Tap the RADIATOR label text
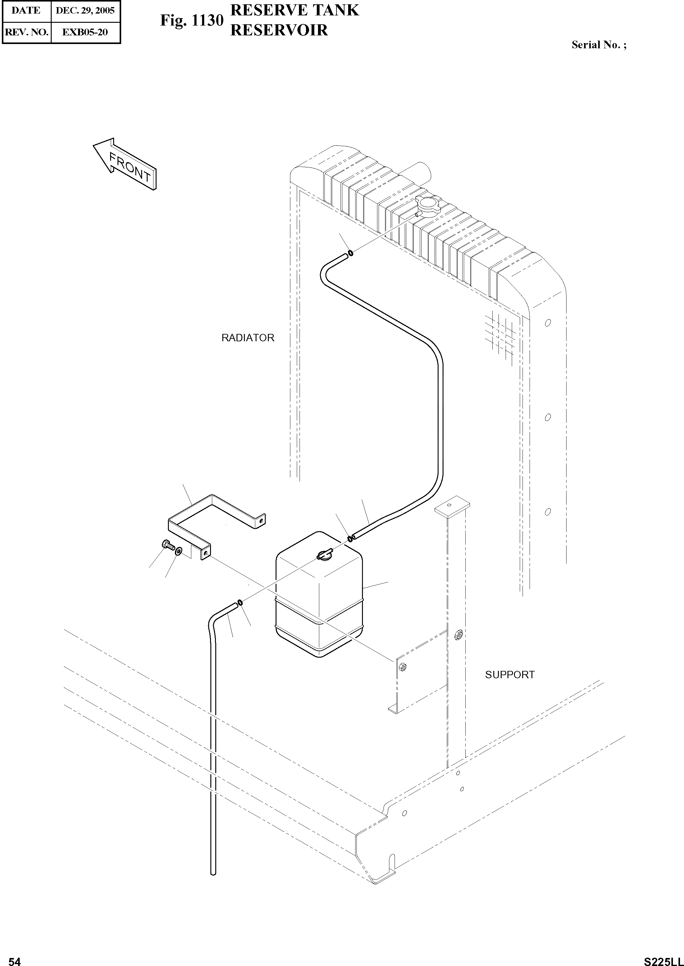point(248,338)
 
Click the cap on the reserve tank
point(324,555)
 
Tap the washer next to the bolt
point(179,551)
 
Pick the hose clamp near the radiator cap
point(350,253)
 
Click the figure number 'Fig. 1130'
point(191,21)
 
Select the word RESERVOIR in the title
point(279,30)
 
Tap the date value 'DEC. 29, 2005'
point(85,10)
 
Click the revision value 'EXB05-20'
point(85,32)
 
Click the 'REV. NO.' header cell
point(26,32)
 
